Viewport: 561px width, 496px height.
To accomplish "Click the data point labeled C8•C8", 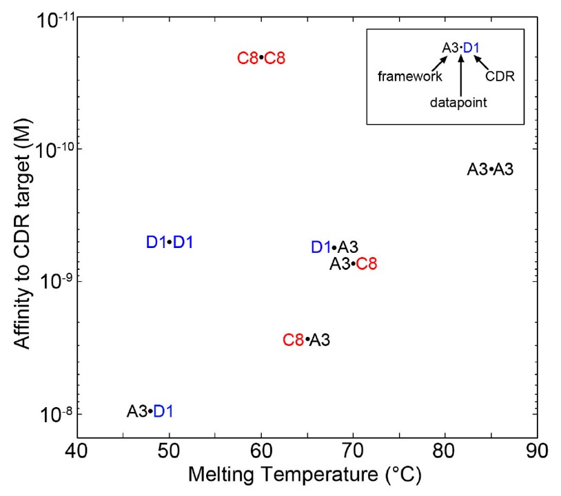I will tap(261, 58).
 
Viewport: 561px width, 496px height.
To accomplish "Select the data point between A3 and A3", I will tap(491, 169).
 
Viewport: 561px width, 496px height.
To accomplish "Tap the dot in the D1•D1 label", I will tap(170, 242).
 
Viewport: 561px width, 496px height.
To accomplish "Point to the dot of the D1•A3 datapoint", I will tap(334, 247).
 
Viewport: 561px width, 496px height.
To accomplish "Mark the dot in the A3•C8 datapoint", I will tap(353, 264).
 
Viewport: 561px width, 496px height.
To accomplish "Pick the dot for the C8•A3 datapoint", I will tap(307, 340).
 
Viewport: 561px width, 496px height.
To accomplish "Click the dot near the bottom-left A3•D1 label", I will tap(150, 411).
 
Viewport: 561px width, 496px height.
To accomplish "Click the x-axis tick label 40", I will tap(76, 452).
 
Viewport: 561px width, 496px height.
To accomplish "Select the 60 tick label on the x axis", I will tap(261, 452).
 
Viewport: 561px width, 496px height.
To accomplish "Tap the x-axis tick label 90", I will tap(537, 452).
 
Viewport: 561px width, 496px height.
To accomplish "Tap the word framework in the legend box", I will tap(409, 76).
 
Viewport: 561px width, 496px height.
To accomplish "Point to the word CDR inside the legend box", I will tap(500, 76).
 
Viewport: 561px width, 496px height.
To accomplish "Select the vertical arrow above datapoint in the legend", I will tap(459, 76).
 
